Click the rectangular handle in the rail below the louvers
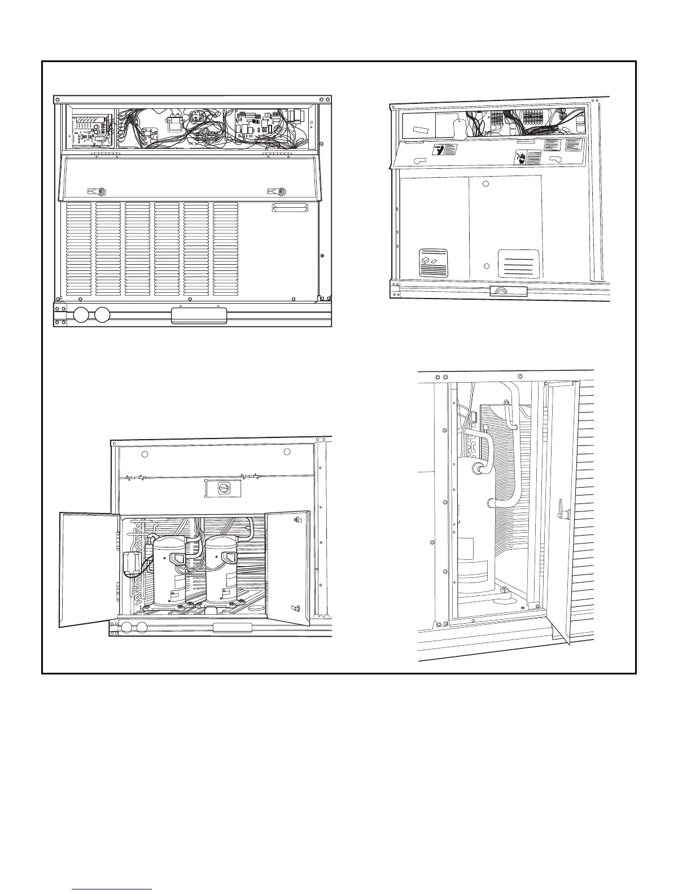(199, 315)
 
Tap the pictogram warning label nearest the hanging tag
(444, 150)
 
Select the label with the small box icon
(434, 262)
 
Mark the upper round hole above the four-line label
(486, 184)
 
